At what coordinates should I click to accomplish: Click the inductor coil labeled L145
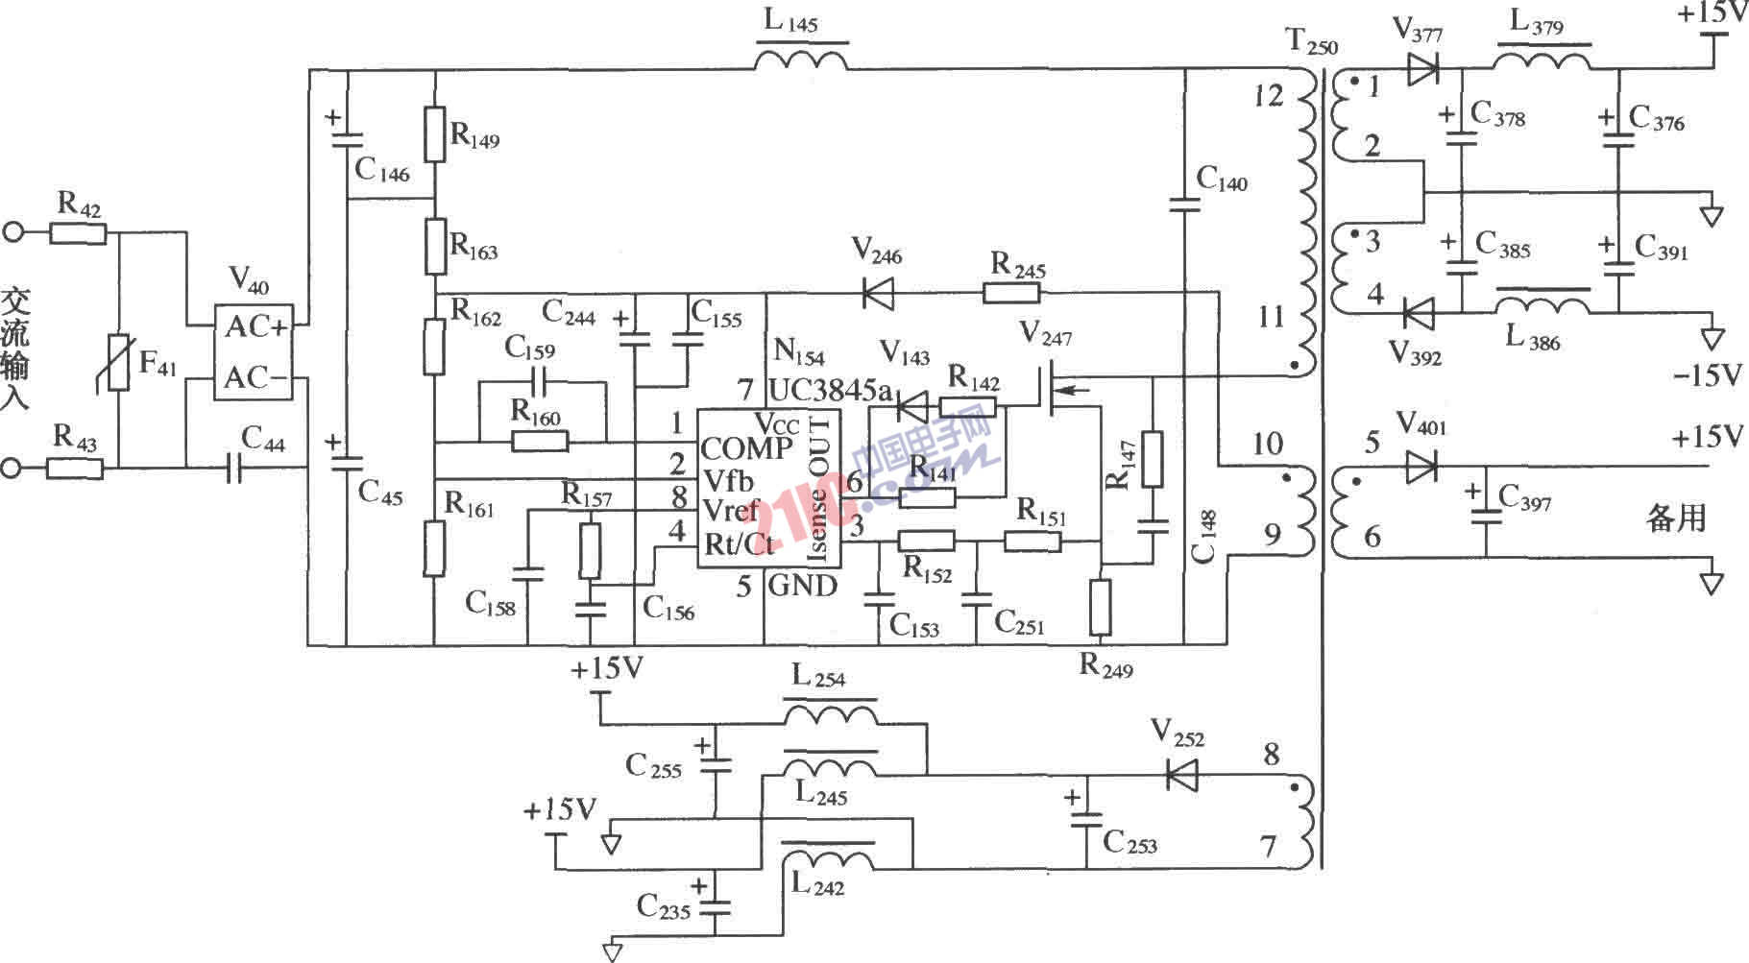[801, 60]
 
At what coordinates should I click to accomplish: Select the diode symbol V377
[1421, 68]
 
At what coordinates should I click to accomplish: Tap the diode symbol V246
[877, 294]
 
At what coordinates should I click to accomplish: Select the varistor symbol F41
[119, 362]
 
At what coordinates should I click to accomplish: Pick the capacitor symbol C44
[233, 469]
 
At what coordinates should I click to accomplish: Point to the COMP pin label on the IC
[746, 448]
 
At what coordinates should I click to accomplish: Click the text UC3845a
[830, 390]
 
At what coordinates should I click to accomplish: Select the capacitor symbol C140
[1184, 203]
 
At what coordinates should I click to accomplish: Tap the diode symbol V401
[1421, 468]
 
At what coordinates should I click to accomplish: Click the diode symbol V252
[1181, 774]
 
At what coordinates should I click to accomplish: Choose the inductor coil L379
[1543, 60]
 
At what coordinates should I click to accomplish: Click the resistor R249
[1101, 607]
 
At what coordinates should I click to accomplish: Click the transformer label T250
[1310, 41]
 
